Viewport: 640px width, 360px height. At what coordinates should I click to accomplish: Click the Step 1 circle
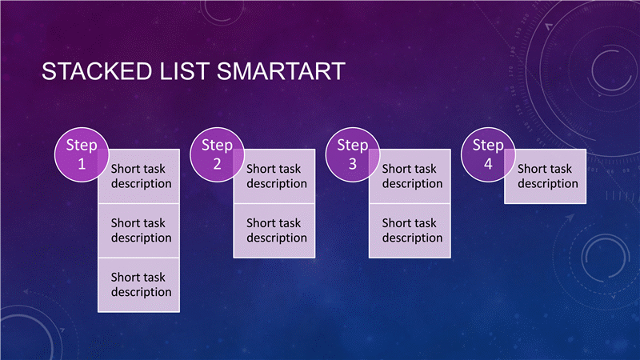coord(82,154)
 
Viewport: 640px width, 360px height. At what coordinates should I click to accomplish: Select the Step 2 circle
coord(217,154)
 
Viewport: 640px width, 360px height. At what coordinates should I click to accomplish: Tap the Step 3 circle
coord(353,154)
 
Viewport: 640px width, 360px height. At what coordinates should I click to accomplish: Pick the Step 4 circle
coord(488,154)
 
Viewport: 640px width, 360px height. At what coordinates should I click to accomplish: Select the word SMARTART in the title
coord(282,71)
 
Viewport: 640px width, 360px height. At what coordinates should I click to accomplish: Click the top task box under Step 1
coord(138,176)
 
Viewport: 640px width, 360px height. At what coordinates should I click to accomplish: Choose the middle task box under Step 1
coord(138,230)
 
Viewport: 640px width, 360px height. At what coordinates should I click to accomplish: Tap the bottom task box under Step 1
coord(138,285)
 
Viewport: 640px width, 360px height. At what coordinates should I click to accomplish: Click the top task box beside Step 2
coord(274,176)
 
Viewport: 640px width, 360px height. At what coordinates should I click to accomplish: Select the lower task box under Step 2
coord(274,230)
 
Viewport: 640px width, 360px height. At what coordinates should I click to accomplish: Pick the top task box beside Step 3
coord(410,176)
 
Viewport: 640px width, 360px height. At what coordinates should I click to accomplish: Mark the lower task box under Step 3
coord(410,230)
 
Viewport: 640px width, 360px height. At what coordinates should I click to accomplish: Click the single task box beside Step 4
coord(546,176)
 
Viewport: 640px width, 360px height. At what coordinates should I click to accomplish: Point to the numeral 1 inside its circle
coord(82,164)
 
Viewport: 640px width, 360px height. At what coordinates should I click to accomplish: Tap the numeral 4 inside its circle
coord(488,164)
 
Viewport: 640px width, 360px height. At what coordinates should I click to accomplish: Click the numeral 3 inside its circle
coord(353,164)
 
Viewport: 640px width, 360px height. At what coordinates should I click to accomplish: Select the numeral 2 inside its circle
coord(217,164)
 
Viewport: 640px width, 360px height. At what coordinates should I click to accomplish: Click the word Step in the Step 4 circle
coord(488,146)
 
